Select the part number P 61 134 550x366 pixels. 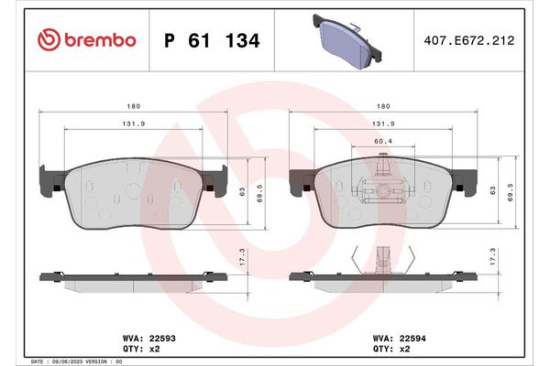point(210,41)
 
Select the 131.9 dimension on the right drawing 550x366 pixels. point(385,124)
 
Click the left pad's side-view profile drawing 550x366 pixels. point(134,278)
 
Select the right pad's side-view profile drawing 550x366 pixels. point(385,278)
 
